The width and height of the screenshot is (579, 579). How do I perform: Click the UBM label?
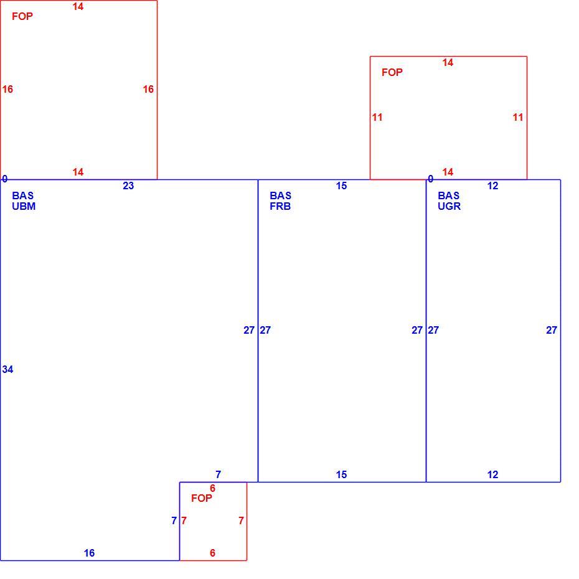point(24,206)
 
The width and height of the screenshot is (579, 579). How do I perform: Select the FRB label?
point(280,206)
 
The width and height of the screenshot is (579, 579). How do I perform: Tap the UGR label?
point(449,206)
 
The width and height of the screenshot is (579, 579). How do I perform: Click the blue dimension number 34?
point(7,369)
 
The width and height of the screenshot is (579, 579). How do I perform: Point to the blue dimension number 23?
point(128,186)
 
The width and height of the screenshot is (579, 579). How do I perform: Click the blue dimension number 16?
point(89,553)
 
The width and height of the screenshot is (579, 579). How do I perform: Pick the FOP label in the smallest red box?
point(202,498)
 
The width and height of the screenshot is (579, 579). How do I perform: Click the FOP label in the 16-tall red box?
point(22,16)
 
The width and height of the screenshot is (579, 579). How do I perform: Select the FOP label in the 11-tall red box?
point(392,72)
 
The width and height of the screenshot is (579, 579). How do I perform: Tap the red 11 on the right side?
point(518,118)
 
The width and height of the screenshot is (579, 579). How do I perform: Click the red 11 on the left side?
point(377,118)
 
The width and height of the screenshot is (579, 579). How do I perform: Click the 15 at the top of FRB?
point(341,186)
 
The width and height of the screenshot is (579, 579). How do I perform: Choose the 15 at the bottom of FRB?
point(341,474)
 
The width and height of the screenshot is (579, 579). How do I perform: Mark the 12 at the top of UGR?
point(492,186)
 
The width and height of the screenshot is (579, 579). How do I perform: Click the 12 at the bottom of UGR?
point(492,474)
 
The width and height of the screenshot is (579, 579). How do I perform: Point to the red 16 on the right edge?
point(148,89)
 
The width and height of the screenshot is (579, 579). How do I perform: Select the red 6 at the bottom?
point(212,553)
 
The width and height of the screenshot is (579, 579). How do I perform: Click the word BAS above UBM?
point(22,195)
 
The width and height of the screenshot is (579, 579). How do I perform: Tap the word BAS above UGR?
point(448,195)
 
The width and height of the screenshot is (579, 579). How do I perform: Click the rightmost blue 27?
point(552,330)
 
